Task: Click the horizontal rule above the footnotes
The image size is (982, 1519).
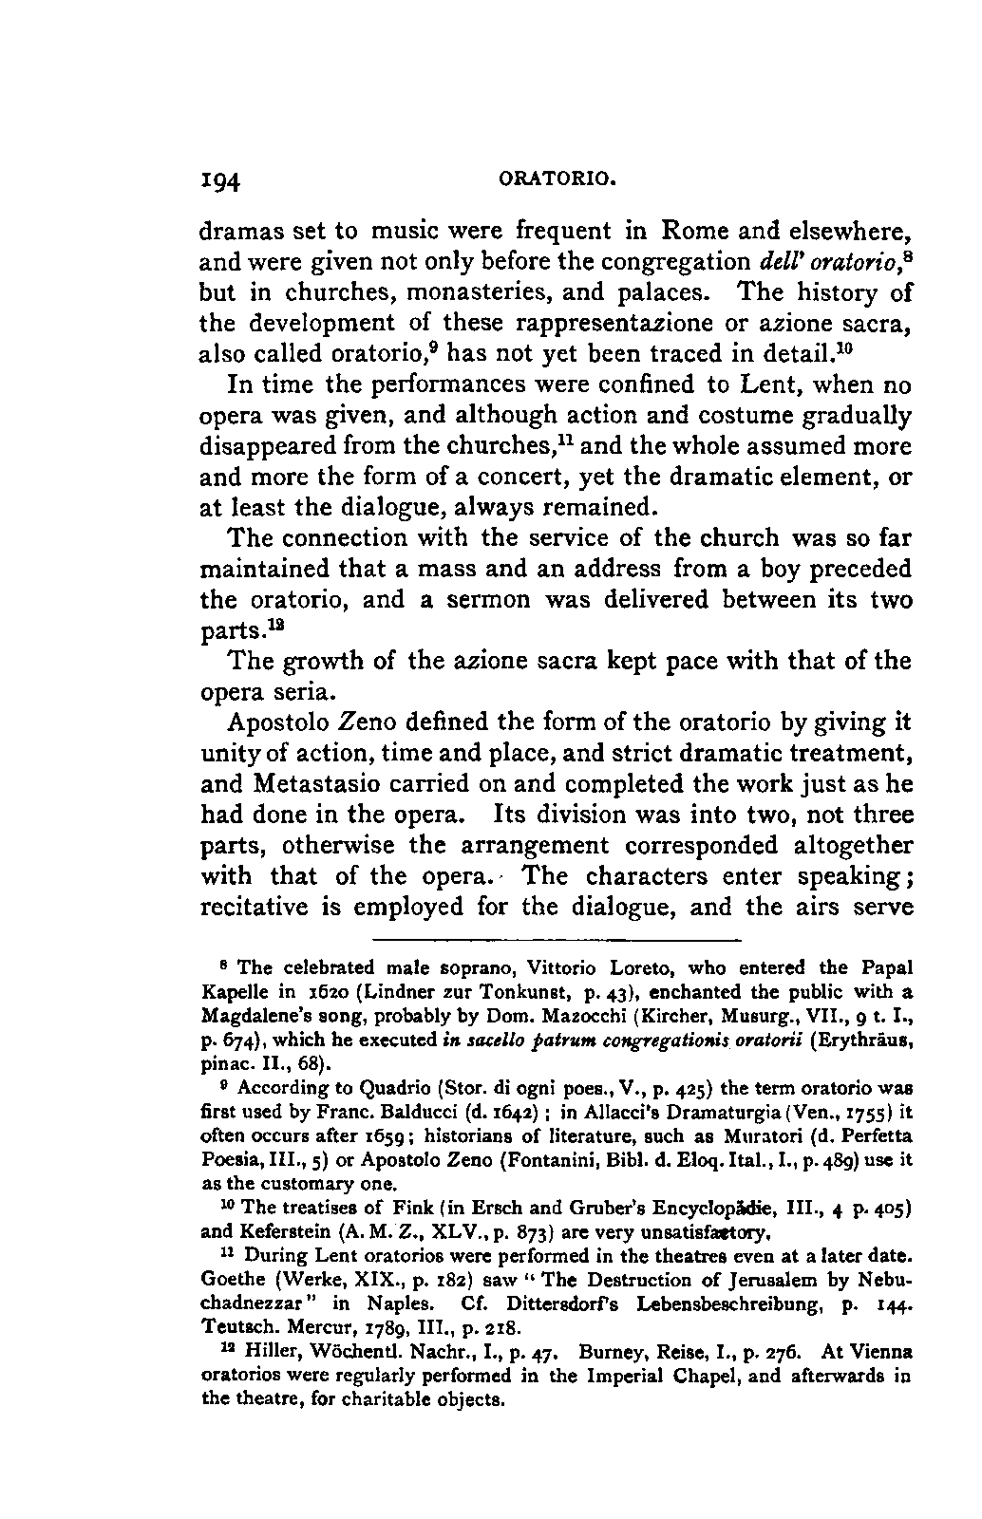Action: point(556,941)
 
